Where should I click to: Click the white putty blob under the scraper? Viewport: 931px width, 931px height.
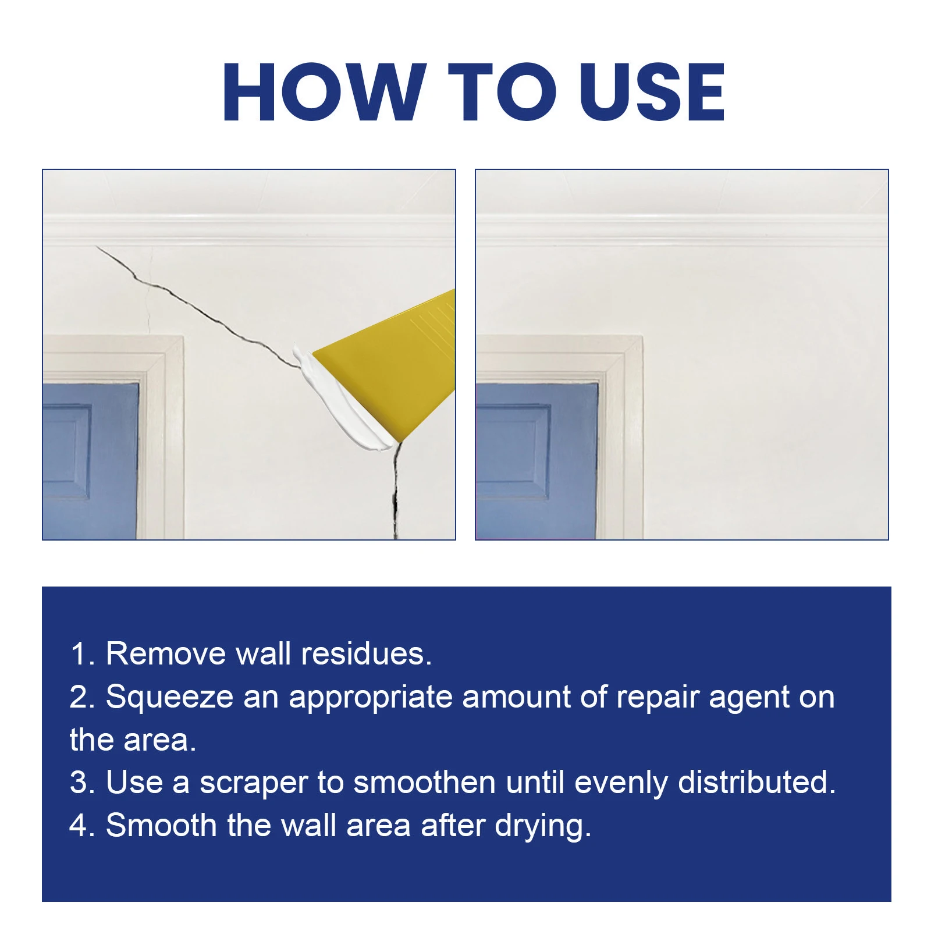tap(337, 401)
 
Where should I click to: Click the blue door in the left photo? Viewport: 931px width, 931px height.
tap(90, 460)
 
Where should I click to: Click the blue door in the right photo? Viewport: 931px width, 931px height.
tap(535, 460)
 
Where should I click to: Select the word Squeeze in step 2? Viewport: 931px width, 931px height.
tap(169, 697)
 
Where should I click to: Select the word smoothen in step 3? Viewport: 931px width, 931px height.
tap(424, 782)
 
